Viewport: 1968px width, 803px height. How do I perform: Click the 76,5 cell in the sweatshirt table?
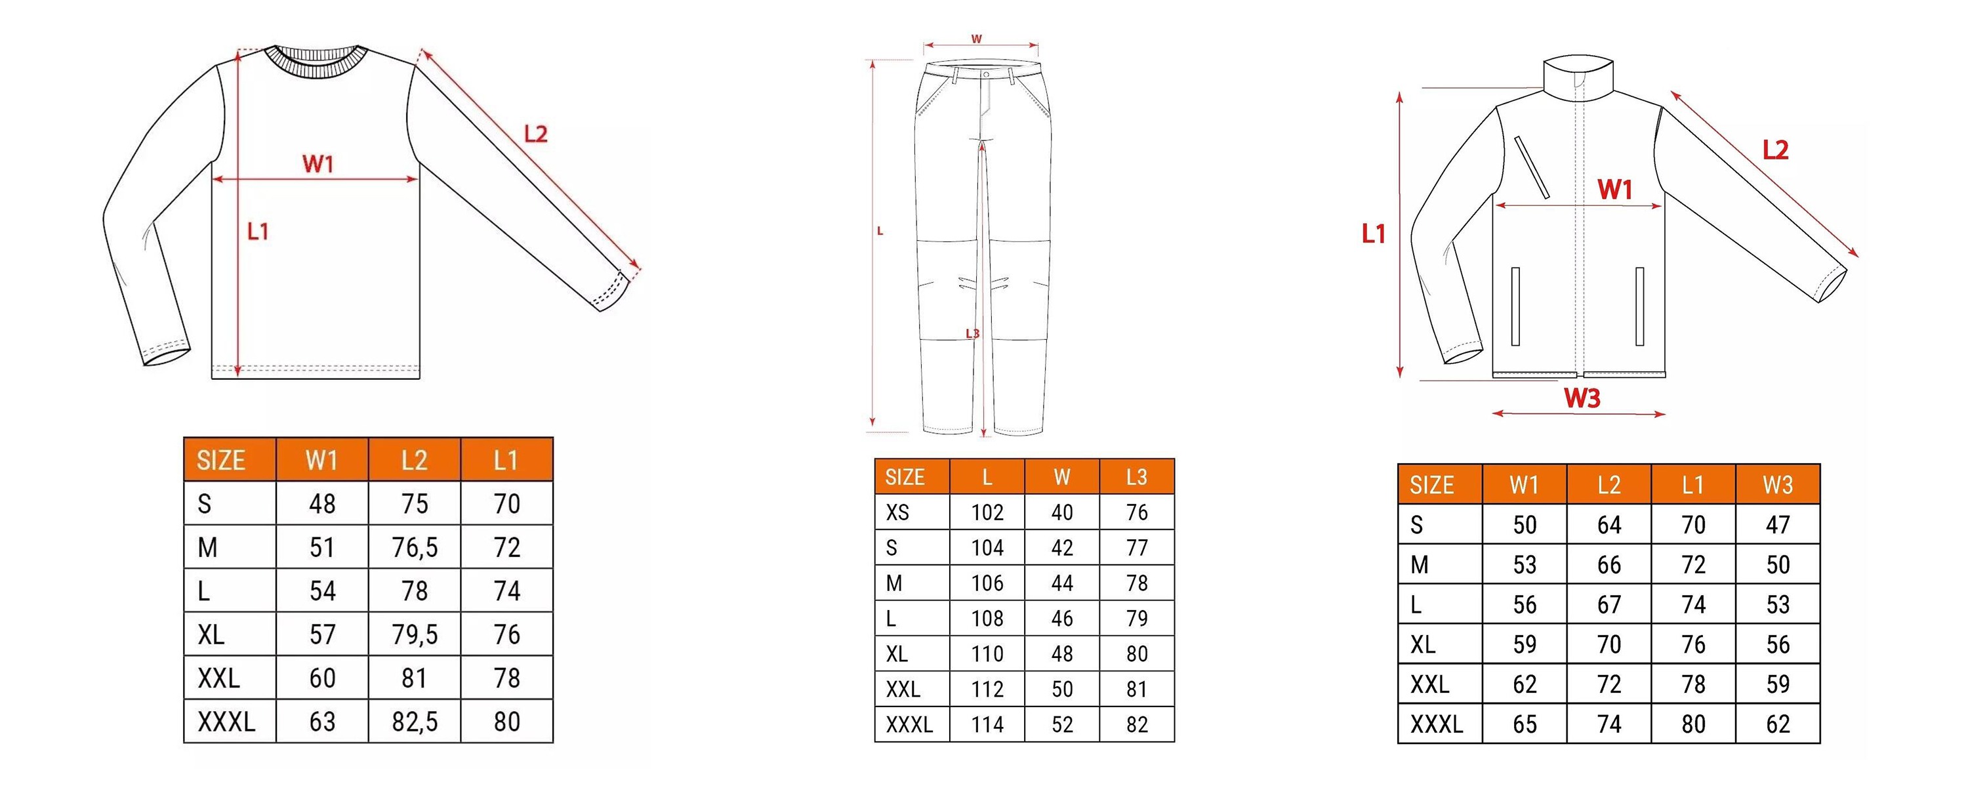415,547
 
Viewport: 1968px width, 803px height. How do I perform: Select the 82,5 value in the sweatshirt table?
415,721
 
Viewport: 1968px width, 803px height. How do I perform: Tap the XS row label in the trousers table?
897,512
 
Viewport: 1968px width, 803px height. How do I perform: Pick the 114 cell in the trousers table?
987,724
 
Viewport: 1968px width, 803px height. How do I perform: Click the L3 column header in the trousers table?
1137,477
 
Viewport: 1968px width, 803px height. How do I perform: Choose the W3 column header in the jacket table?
1778,484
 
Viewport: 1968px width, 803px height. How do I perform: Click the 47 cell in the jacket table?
1778,525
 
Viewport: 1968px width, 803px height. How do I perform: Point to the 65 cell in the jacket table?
1525,724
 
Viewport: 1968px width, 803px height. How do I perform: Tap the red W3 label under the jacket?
1582,398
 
